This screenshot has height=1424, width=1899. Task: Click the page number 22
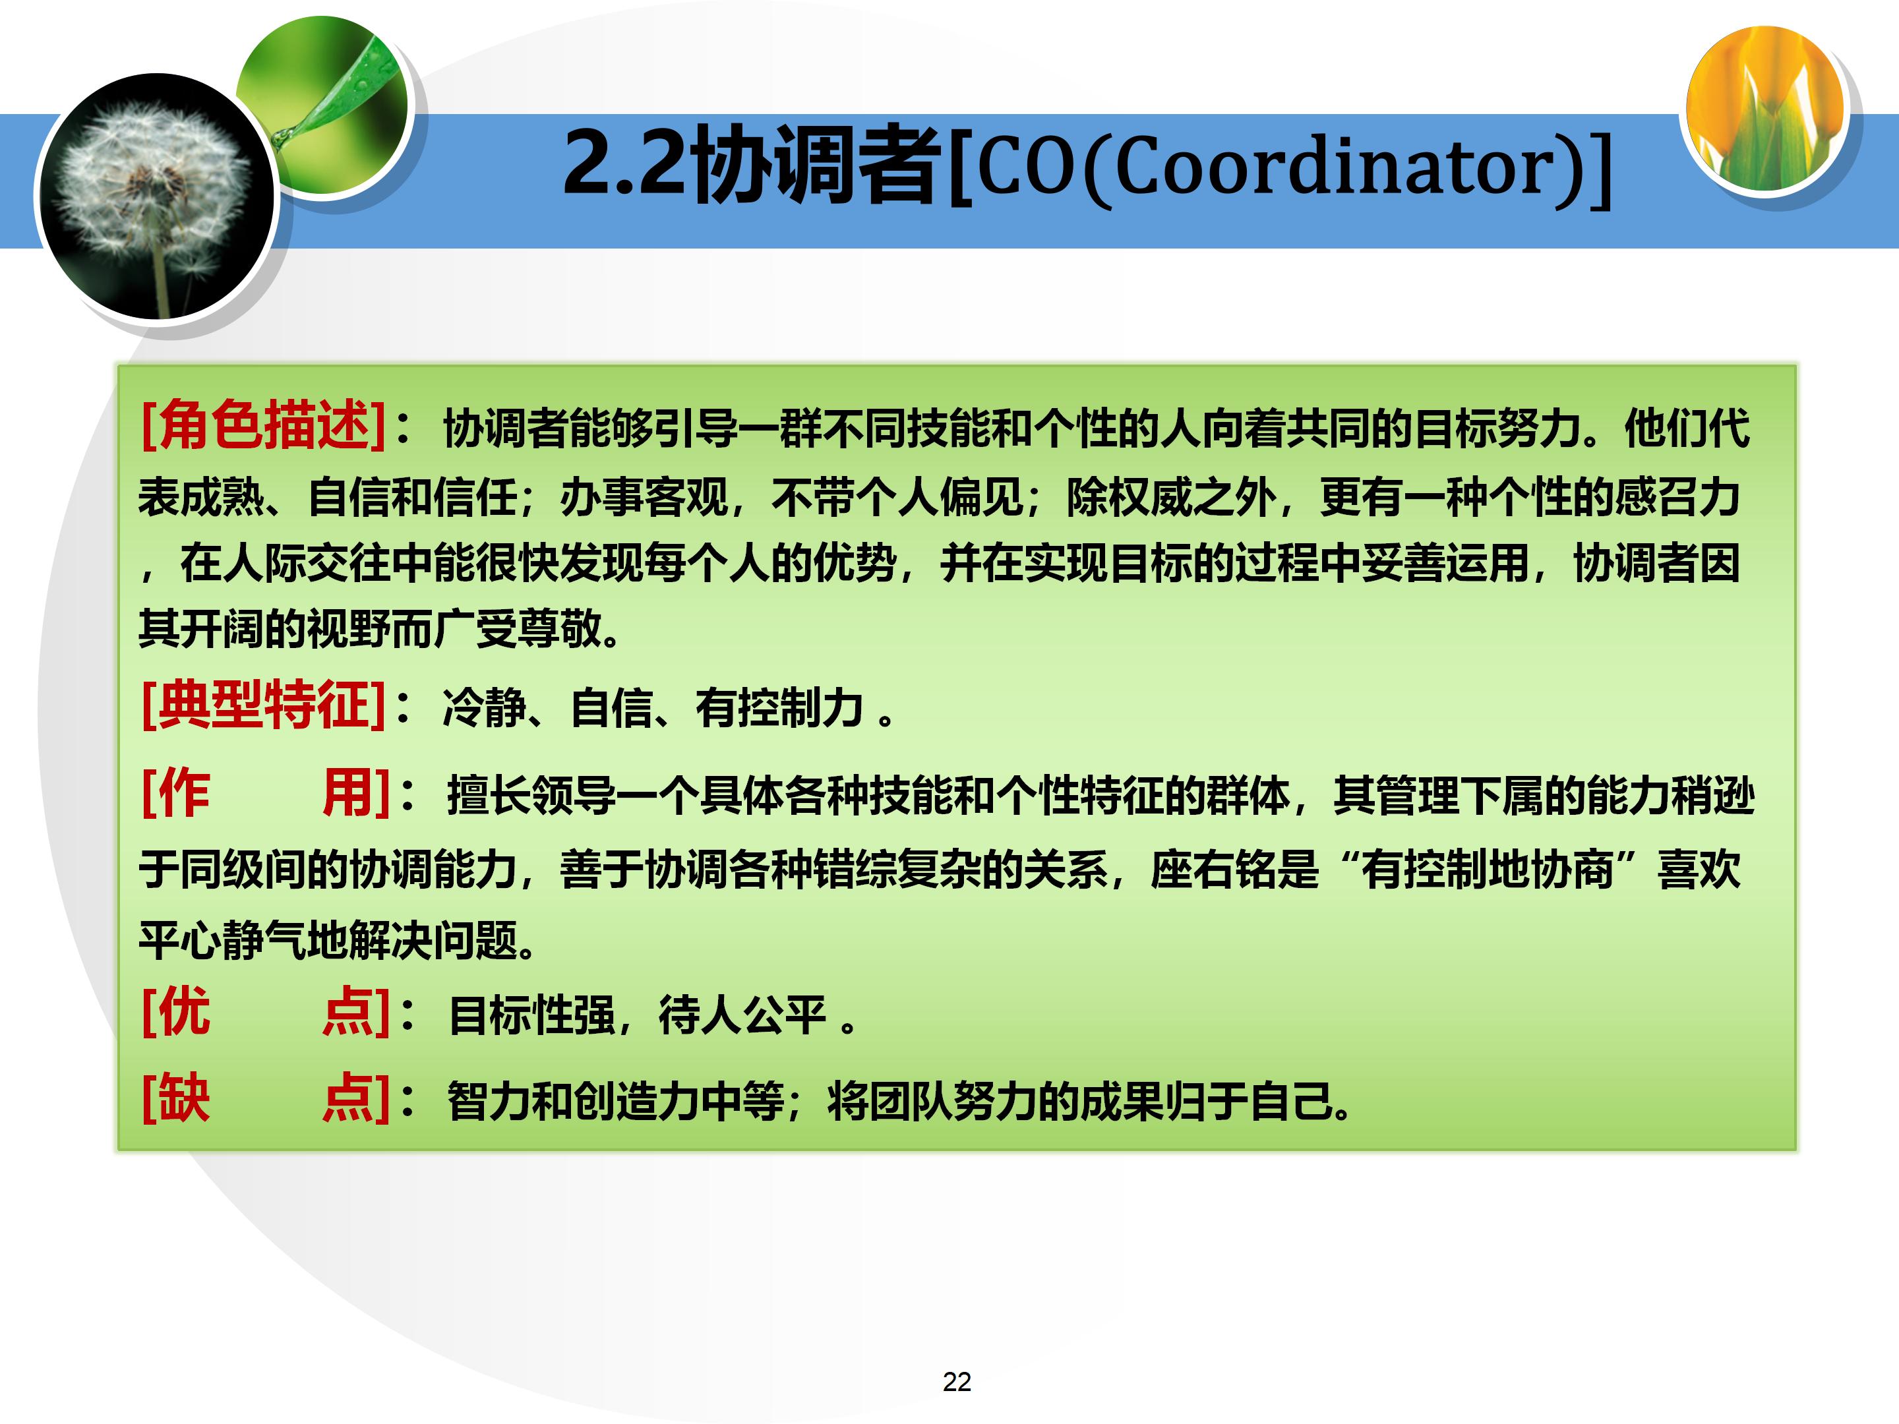956,1382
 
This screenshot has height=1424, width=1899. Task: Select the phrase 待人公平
742,1015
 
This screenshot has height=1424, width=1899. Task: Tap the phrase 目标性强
532,1015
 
